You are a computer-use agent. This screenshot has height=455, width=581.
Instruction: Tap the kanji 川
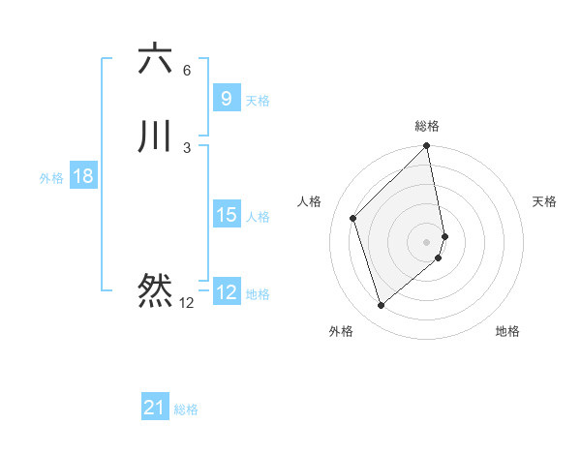coord(155,136)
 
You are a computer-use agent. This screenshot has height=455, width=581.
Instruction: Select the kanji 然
coord(155,289)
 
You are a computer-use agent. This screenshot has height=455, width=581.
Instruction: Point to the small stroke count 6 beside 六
coord(187,71)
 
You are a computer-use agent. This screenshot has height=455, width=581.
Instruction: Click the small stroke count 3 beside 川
coord(187,148)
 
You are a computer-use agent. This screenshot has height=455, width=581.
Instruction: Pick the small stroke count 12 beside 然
coord(186,303)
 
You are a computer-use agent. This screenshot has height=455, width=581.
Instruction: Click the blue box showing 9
coord(226,99)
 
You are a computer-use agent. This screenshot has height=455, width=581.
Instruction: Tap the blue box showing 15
coord(226,215)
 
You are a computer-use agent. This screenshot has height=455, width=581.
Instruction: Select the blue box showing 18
coord(83,176)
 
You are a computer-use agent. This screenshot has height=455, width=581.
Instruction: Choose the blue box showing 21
coord(155,408)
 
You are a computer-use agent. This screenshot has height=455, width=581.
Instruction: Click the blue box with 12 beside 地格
coord(226,292)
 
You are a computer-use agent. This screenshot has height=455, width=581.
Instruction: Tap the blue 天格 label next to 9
coord(258,101)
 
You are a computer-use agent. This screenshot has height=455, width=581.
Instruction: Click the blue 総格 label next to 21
coord(186,409)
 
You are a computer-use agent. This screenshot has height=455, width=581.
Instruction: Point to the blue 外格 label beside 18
coord(51,178)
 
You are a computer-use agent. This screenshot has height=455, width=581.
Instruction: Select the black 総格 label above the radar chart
coord(427,126)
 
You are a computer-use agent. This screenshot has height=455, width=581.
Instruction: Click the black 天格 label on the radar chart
coord(544,201)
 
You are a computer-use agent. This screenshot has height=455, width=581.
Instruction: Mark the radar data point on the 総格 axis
coord(427,147)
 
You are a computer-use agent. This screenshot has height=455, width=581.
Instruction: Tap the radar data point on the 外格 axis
coord(381,306)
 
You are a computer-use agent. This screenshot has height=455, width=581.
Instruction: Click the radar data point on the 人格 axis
coord(353,218)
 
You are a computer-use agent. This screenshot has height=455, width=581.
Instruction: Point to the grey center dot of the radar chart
coord(427,241)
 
